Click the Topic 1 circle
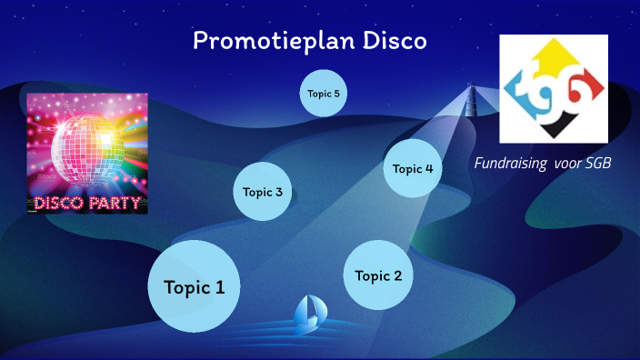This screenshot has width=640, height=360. pos(194,287)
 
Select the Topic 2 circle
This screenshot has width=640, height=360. pos(377,275)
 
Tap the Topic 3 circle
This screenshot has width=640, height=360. pos(263,192)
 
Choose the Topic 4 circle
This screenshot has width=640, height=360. pos(412,168)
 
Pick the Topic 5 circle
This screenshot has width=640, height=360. pos(324,94)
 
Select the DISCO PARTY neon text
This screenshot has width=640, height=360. pos(87,202)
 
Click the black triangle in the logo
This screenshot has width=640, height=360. pos(555,127)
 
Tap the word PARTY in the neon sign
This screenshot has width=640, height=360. pos(117,202)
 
